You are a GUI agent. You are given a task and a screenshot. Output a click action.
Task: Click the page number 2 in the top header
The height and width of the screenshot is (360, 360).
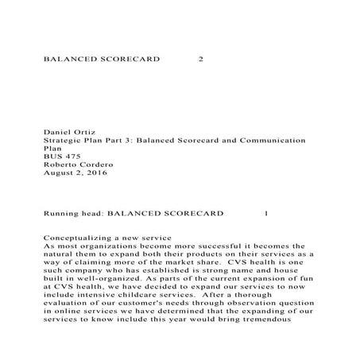click(199, 59)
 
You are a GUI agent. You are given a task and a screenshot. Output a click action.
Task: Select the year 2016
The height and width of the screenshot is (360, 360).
click(94, 173)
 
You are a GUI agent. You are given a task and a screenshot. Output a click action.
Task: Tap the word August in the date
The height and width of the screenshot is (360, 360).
click(55, 173)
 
